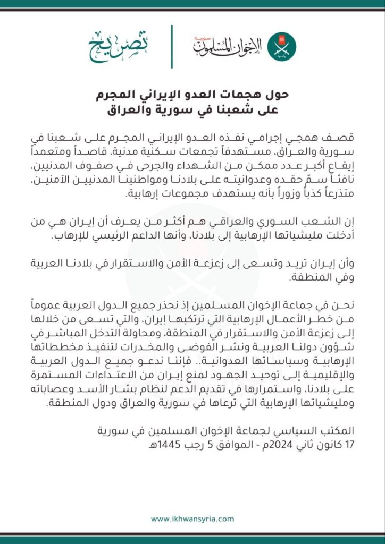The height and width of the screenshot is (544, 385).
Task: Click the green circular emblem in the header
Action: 281,46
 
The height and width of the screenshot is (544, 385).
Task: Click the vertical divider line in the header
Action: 172,46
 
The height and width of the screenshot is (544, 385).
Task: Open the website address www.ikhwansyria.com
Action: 192,518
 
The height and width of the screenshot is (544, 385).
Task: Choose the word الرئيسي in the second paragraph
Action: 160,239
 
